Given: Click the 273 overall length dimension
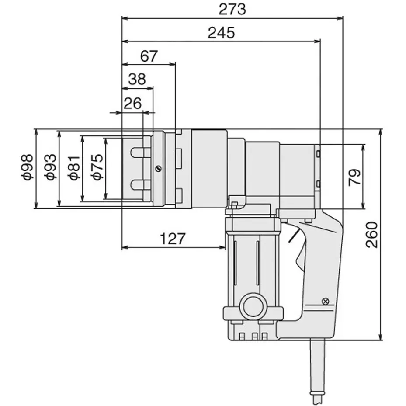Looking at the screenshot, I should [232, 9].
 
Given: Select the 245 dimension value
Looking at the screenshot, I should [221, 33].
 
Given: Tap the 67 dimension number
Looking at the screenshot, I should [149, 56].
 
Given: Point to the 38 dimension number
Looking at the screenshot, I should [137, 79].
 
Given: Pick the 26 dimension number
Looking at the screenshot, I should [132, 104].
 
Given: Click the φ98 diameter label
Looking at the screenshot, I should [27, 167].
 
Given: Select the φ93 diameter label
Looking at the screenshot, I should [51, 167].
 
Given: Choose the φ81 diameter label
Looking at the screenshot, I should [74, 167].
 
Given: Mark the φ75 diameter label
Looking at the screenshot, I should [97, 167].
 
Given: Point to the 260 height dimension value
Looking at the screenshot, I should [372, 235].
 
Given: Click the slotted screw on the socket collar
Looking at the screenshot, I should [159, 169].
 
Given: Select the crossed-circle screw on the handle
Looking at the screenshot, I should [325, 301].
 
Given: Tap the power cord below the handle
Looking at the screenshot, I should [318, 371].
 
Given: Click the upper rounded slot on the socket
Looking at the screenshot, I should [140, 152].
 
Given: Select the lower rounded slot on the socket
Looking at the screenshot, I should [140, 185].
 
